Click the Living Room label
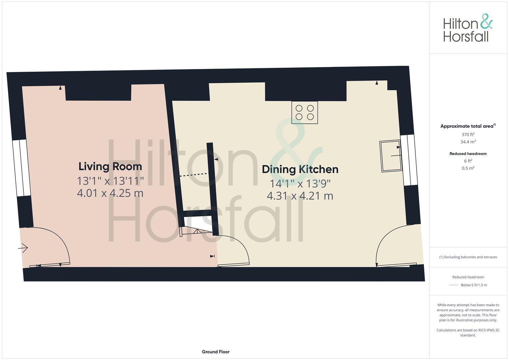(110, 166)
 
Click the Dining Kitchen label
(300, 169)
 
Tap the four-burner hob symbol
(305, 112)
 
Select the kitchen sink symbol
(390, 156)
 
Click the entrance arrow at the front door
(23, 248)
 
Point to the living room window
(22, 168)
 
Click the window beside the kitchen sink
(409, 160)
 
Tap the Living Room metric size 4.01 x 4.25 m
(110, 193)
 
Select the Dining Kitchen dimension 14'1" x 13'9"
(300, 183)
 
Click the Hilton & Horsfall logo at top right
(468, 28)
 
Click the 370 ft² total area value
(468, 135)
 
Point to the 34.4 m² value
(468, 142)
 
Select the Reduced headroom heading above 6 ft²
(468, 154)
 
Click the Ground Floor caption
(216, 352)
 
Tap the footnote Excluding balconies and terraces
(468, 257)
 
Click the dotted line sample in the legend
(454, 285)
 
